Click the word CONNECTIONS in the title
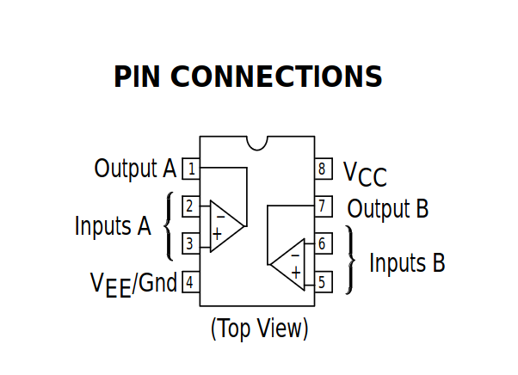click(276, 77)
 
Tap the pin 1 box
click(191, 169)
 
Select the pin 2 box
click(191, 206)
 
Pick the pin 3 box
click(191, 244)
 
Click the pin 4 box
click(191, 281)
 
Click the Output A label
click(135, 169)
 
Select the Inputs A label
click(113, 226)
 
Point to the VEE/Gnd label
click(133, 282)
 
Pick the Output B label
click(387, 208)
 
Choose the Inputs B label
click(407, 262)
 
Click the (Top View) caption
click(259, 328)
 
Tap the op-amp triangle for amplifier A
click(224, 226)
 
